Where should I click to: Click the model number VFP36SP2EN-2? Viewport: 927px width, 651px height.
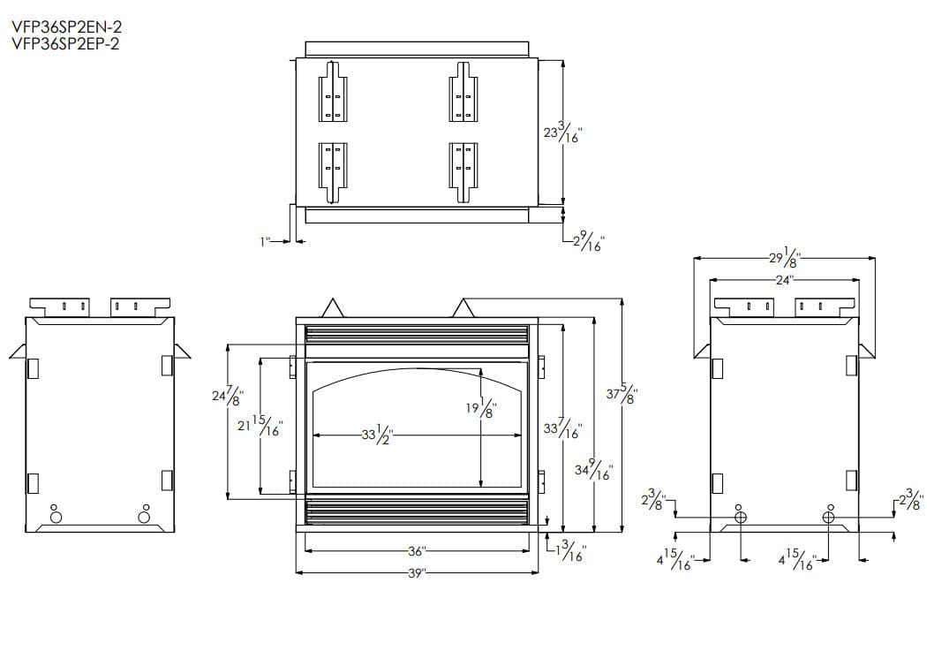pos(67,27)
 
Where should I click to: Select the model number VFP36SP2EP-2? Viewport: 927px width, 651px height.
pos(65,44)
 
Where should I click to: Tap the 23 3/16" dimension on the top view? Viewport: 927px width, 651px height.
pos(563,133)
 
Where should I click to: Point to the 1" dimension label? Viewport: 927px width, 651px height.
pos(265,241)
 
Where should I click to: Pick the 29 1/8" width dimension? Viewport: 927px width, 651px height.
pos(784,258)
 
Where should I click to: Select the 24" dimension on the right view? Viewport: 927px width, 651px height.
pos(784,280)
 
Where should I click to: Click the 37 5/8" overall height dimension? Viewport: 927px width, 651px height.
pos(622,394)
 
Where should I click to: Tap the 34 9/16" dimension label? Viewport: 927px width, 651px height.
pos(593,471)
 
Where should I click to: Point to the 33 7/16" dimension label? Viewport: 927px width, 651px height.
pos(563,428)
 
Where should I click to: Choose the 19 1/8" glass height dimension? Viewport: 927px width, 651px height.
pos(481,407)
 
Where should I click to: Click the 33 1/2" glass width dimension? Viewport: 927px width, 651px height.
pos(378,435)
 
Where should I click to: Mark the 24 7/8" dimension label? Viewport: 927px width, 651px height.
pos(228,394)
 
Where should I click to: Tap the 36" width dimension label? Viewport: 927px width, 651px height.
pos(417,551)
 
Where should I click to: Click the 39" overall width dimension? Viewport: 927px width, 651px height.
pos(417,573)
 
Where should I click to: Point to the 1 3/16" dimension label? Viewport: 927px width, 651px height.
pos(569,551)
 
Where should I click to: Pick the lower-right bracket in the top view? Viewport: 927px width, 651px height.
pos(463,172)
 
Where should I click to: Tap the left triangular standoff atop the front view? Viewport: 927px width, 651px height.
pos(333,307)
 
